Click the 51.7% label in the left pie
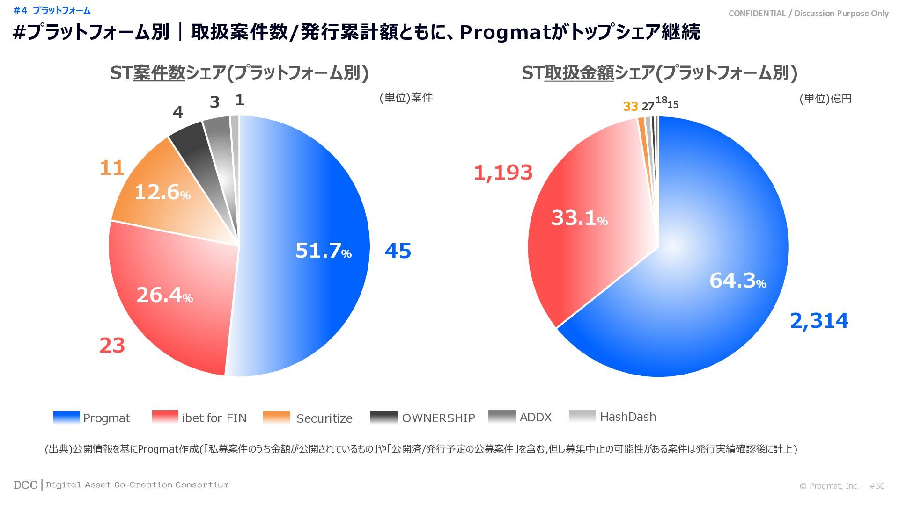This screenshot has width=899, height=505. click(323, 251)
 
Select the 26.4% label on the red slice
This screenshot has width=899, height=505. click(164, 295)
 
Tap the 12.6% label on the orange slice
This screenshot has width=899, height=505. click(162, 192)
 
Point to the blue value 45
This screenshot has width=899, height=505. click(398, 251)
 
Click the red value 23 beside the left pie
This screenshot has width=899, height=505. click(112, 346)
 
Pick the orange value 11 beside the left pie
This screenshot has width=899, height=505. click(112, 168)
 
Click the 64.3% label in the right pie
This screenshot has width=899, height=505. click(737, 281)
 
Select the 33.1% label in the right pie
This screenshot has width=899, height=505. click(579, 218)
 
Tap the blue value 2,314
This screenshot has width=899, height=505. click(819, 321)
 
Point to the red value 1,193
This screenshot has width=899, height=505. click(503, 173)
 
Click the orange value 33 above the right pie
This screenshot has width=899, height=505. click(631, 107)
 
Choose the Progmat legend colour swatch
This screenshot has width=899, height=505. click(66, 417)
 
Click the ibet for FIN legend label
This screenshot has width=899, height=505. click(214, 418)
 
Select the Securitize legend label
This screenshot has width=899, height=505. click(324, 418)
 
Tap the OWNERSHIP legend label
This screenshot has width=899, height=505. click(438, 418)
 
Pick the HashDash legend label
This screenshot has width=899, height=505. click(628, 417)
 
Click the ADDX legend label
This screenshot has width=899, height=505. click(536, 417)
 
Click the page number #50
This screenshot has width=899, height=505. click(877, 486)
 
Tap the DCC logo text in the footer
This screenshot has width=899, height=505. click(25, 485)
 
